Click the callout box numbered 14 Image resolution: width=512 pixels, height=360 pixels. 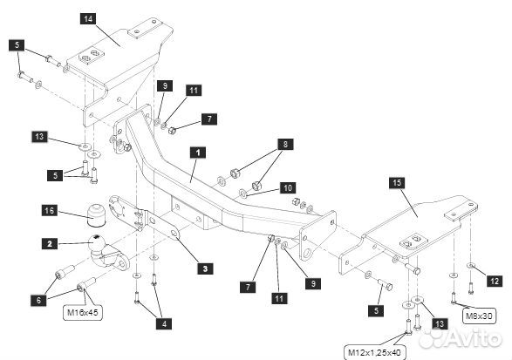point(88,18)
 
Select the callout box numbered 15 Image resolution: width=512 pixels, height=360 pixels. point(397,182)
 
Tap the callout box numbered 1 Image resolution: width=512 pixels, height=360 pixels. point(198,153)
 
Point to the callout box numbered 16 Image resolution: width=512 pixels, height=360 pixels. point(50,210)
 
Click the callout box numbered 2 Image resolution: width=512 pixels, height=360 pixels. point(50,244)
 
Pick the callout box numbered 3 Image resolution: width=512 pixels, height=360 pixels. point(205,268)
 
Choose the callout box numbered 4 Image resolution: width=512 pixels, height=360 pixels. point(164,323)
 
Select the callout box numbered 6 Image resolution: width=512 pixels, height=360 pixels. point(39,300)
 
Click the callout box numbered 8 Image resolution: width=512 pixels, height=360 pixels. point(285,144)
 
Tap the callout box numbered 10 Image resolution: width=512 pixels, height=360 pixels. point(288,188)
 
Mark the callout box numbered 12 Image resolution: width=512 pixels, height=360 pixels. point(495,281)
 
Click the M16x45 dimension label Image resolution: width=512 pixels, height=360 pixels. point(83,312)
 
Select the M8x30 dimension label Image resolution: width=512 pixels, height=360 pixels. point(479,316)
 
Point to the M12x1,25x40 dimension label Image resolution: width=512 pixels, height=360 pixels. point(375,353)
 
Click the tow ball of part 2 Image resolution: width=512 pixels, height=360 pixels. point(97,241)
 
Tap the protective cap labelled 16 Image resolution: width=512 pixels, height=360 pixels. point(97,214)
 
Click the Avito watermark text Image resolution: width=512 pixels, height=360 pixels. point(474,338)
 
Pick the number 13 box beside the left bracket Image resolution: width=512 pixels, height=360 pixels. point(39,137)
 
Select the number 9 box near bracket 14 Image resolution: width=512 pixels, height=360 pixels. point(165,85)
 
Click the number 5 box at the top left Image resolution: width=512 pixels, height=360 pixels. point(17,45)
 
